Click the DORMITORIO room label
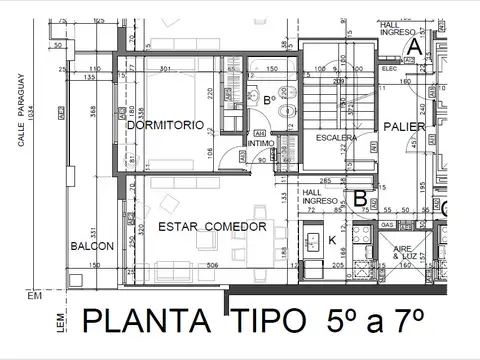[166, 126]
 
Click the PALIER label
[403, 127]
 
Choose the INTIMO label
[259, 144]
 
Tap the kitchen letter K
[333, 240]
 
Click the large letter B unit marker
[359, 198]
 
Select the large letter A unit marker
[413, 44]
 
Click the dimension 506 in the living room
[212, 265]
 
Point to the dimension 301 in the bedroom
[166, 68]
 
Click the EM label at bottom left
[36, 296]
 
